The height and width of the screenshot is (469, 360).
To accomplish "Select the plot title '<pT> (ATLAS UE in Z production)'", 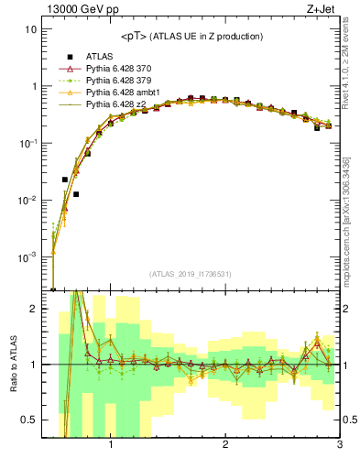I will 191,36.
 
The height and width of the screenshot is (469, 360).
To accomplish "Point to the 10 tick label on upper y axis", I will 31,29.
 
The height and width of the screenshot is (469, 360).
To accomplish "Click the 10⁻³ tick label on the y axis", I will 27,257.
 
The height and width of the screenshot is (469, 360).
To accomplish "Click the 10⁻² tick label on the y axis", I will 27,201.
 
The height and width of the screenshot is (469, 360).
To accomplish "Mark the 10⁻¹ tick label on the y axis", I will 27,144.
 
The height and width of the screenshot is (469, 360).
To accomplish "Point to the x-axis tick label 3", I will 339,445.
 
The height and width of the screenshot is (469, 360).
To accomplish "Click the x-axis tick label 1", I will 111,445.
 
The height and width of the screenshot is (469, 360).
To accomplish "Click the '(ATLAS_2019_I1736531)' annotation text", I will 191,275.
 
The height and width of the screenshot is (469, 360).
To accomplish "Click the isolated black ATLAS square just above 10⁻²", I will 76,194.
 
